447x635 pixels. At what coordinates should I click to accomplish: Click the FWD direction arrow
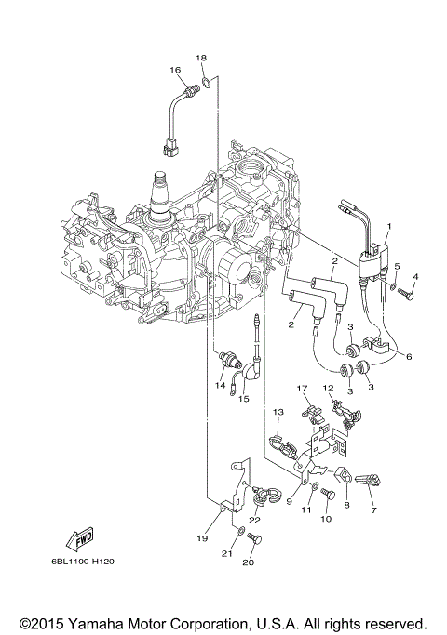coord(80,538)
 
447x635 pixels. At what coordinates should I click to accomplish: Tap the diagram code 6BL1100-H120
coord(83,562)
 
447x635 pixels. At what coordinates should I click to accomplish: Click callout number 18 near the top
coord(201,58)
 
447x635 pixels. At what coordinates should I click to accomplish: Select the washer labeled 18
coord(206,82)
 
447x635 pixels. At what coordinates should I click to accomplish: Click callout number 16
coord(175,70)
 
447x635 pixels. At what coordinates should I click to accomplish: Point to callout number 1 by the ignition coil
coord(389,226)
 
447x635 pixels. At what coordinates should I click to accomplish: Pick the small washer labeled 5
coord(393,286)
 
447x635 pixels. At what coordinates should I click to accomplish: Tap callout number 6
coord(409,357)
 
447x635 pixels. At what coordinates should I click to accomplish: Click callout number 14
coord(221,385)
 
